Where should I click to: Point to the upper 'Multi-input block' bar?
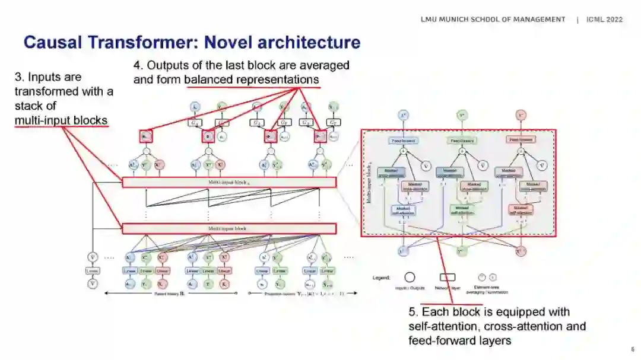click(229, 182)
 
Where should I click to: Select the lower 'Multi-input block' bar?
click(229, 228)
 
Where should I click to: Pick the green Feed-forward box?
click(462, 140)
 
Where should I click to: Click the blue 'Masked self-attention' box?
click(404, 210)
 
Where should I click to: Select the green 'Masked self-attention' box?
click(462, 210)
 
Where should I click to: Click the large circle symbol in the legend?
click(410, 277)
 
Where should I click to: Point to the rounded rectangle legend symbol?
click(447, 277)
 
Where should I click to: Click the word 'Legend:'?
click(382, 278)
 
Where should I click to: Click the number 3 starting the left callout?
click(18, 77)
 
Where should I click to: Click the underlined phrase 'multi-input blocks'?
click(61, 120)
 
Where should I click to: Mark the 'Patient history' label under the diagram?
click(169, 293)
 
